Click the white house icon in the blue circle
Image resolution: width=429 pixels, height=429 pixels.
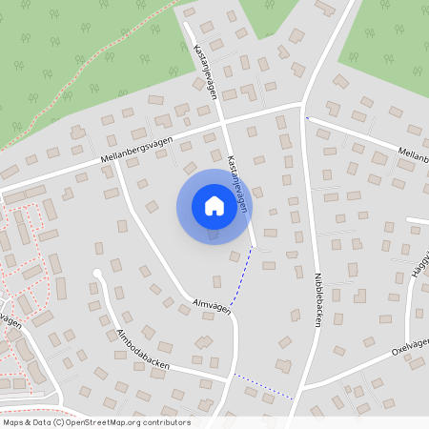point(214,206)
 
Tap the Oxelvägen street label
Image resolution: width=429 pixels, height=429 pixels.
point(410,346)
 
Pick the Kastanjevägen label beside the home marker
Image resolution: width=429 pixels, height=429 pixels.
point(239,180)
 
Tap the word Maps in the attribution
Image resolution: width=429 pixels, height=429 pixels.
point(13,422)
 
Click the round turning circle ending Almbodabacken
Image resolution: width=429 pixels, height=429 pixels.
point(96,275)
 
